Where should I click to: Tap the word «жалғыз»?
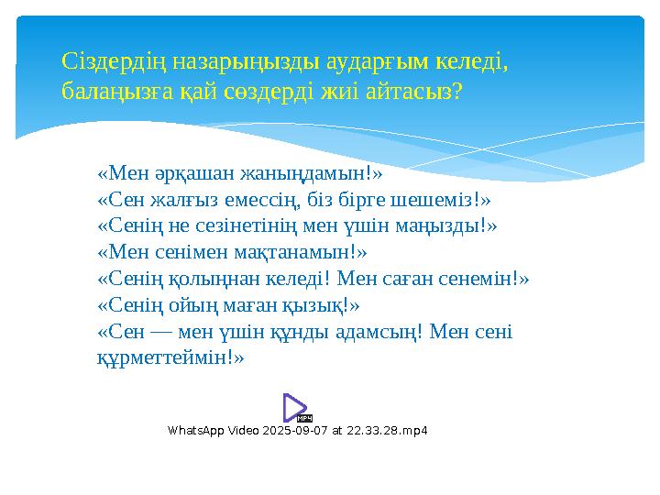coord(183,198)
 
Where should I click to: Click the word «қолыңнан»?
coord(203,278)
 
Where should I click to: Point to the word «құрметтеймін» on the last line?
coord(170,357)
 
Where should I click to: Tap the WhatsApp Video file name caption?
coord(298,431)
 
